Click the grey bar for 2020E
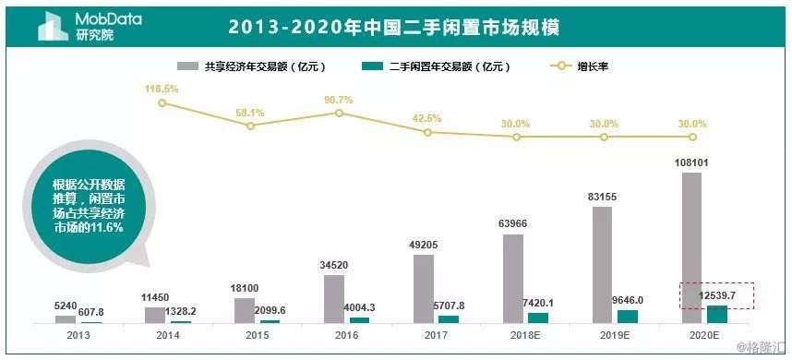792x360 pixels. [x=691, y=247]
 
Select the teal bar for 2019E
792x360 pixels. [x=628, y=317]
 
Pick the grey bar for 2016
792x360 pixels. [x=334, y=299]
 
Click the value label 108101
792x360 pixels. [x=691, y=162]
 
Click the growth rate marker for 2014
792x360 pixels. [x=162, y=102]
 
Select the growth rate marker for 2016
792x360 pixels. [x=339, y=113]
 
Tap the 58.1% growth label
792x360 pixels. [x=250, y=113]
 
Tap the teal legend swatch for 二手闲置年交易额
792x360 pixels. [x=372, y=66]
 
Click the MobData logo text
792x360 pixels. [x=102, y=18]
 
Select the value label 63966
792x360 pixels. [x=514, y=224]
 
